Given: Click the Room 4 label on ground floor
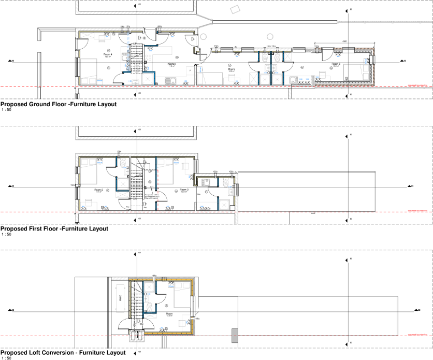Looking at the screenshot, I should tap(108, 54).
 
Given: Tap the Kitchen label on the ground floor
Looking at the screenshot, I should tap(171, 65).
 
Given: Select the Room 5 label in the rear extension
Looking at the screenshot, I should tap(336, 65).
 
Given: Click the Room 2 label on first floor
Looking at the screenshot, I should tap(98, 190).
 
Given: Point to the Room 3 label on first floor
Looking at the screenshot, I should tap(184, 190).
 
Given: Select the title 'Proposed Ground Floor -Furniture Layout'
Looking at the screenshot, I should tap(59, 104).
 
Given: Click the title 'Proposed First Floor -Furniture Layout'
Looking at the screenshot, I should tap(54, 228).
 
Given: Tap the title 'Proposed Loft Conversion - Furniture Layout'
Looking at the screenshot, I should tap(63, 352).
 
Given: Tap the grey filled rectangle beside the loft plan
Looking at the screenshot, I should tap(235, 335).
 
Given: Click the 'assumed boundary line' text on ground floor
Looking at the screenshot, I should tap(418, 86).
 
